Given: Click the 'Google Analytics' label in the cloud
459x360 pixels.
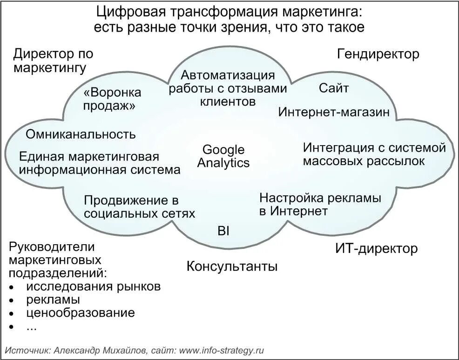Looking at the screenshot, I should tap(223, 156).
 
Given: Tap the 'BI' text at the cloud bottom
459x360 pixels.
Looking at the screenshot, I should tap(223, 231).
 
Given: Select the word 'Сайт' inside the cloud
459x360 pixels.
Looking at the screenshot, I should tap(334, 88).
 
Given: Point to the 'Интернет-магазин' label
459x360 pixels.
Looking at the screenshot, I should tap(334, 112).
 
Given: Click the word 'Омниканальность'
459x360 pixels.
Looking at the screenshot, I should tap(81, 134).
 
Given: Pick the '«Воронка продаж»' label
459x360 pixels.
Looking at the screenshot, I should tap(112, 99).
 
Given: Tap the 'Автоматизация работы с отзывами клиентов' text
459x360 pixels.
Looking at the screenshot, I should tap(228, 88).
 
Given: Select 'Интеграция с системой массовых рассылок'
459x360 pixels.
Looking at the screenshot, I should tap(374, 154).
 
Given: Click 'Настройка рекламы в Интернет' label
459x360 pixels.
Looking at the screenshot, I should tap(320, 205).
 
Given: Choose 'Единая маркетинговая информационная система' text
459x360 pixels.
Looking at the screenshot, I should tap(100, 163).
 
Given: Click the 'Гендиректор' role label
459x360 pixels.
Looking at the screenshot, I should tap(378, 54).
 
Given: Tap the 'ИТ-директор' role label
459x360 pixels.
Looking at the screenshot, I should tap(376, 248).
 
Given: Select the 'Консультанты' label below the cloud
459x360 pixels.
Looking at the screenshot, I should tap(232, 267).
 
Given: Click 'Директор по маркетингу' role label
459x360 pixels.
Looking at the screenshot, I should tap(53, 61).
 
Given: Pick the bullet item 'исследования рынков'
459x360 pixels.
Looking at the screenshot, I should tap(94, 286).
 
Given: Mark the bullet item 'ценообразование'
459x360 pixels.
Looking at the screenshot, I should tap(81, 313).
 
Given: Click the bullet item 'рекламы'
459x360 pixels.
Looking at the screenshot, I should tap(53, 300).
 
